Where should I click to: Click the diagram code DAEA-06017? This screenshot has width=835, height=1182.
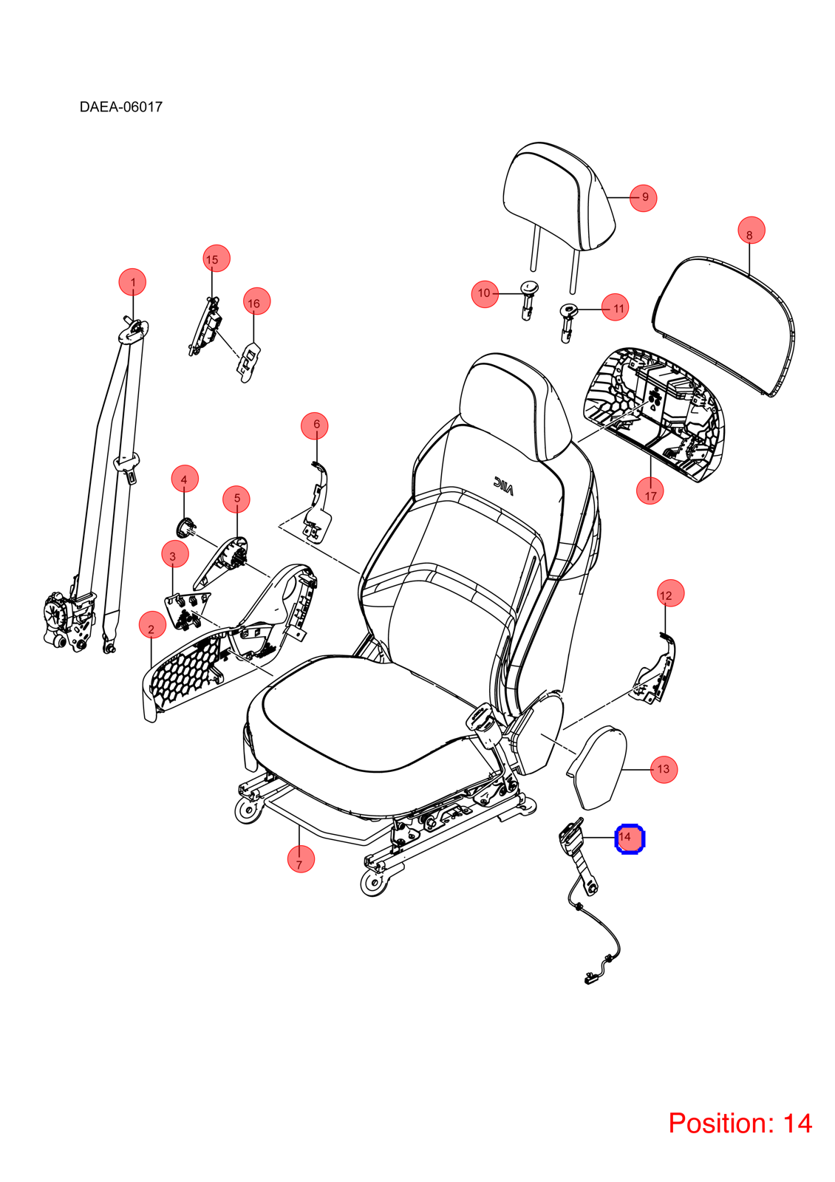pos(121,107)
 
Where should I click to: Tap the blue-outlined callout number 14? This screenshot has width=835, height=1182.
pos(630,838)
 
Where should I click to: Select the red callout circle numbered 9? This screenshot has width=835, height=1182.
pos(644,198)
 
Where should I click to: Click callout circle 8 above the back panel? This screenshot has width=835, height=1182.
pos(751,230)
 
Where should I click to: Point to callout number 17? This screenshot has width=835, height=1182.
pos(650,491)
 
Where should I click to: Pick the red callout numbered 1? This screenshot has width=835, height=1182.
pos(132,281)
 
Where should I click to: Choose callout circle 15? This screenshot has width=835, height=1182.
pos(217,259)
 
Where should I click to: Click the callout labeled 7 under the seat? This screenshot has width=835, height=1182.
pos(301,859)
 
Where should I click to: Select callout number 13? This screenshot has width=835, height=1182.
pos(664,769)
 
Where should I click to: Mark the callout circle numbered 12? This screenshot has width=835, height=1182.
pos(670,593)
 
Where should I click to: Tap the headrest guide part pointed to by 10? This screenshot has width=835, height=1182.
pos(528,300)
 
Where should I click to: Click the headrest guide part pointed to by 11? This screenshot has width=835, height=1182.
pos(568,322)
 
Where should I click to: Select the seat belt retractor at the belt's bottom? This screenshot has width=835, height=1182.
pos(69,620)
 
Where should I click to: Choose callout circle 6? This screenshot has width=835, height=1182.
pos(315,426)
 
